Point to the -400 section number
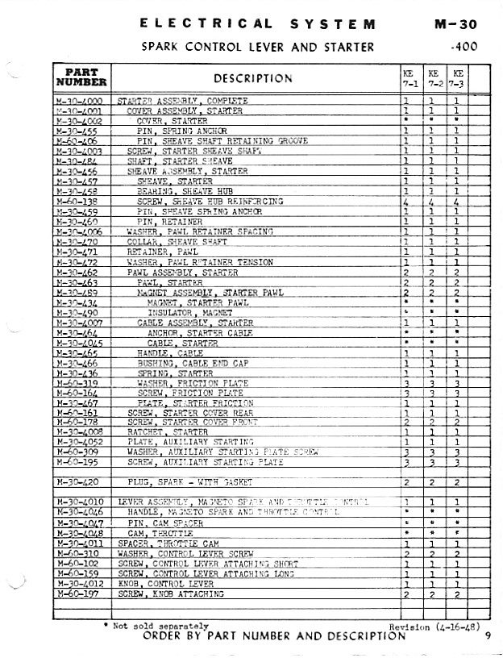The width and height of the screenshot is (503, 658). click(x=465, y=47)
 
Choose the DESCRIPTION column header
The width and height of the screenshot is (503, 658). click(x=253, y=78)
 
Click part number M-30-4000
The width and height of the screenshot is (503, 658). click(x=81, y=101)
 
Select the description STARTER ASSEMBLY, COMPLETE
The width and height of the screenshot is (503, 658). click(x=183, y=101)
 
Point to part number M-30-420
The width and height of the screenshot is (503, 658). click(x=79, y=481)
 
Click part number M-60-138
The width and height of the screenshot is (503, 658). click(x=79, y=201)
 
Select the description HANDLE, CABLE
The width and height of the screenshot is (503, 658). click(x=168, y=352)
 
